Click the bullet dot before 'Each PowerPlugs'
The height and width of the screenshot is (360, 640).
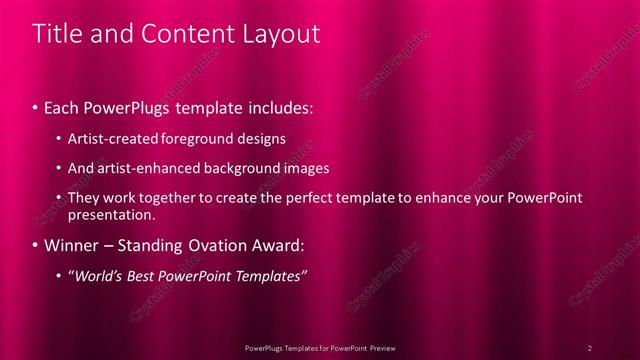36,106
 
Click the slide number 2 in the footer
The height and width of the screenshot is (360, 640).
590,347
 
